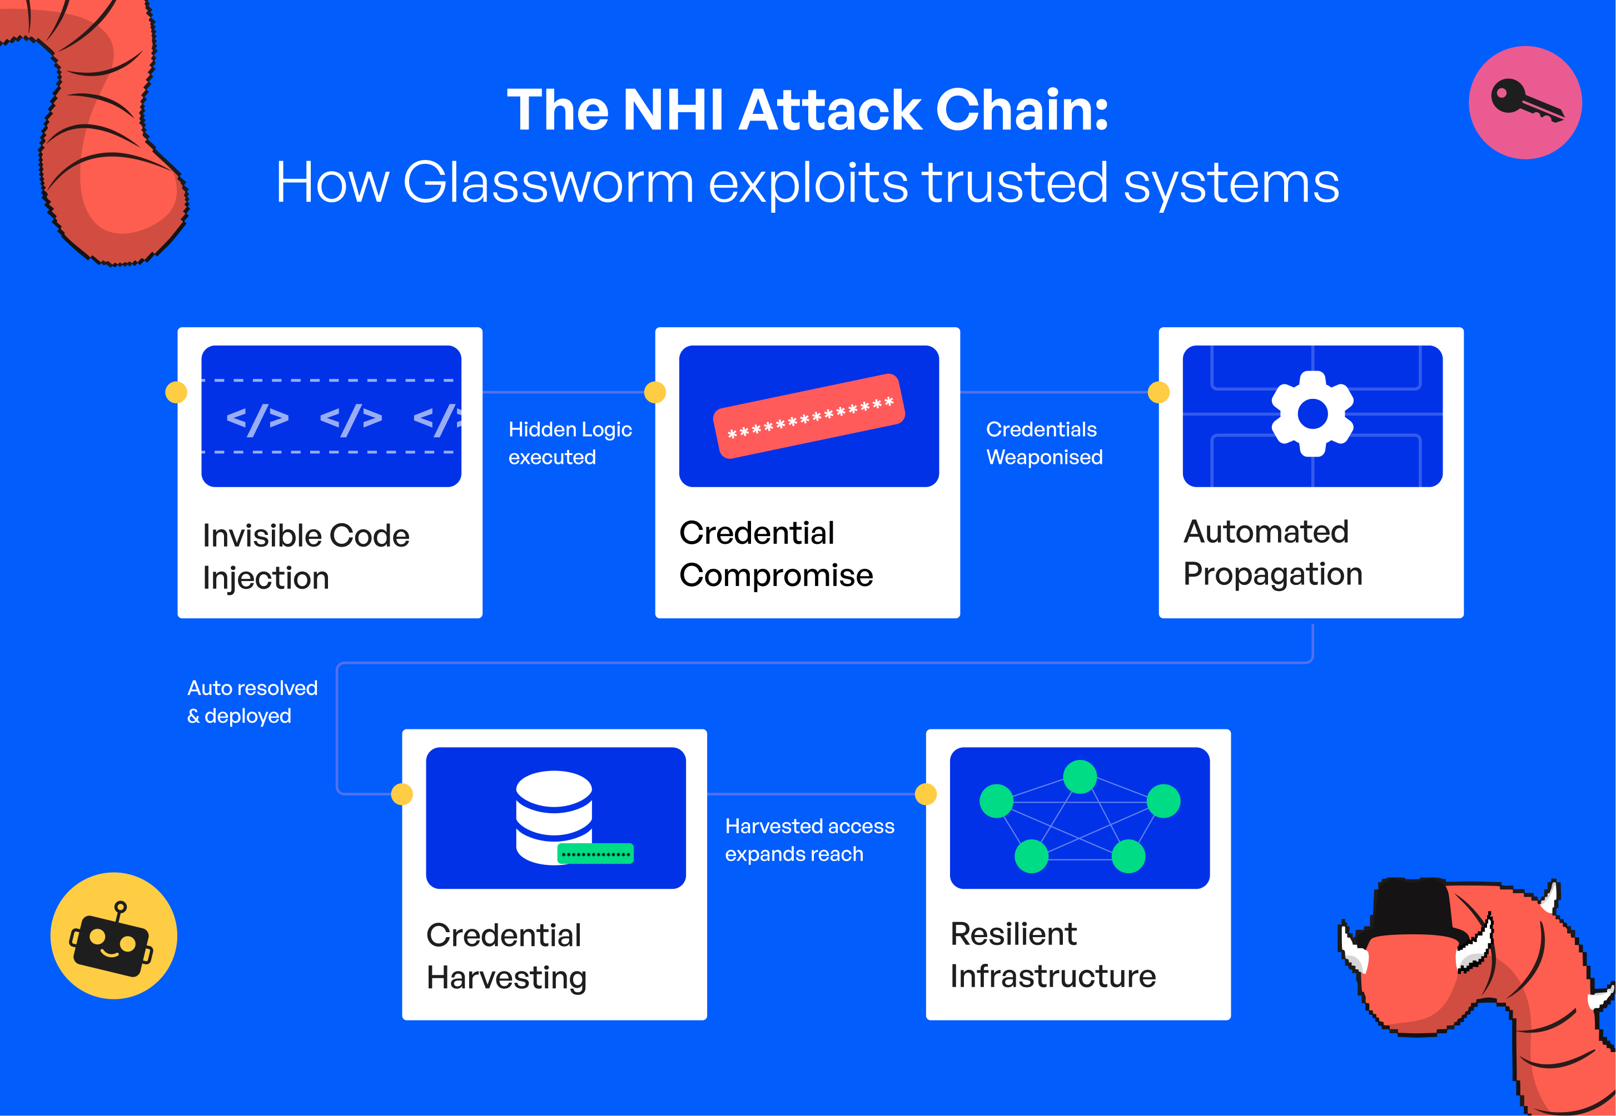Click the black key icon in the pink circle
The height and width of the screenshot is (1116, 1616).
tap(1525, 102)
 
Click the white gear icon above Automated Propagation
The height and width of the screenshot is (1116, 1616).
tap(1312, 414)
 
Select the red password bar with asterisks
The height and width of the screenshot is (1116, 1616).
tap(809, 416)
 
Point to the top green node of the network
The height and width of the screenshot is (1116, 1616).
tap(1080, 777)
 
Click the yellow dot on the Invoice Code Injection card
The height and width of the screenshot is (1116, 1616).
tap(176, 392)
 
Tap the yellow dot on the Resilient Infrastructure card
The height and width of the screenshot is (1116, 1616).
tap(926, 794)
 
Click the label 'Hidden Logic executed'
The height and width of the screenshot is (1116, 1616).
tap(569, 443)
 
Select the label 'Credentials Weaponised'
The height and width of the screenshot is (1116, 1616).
tap(1044, 443)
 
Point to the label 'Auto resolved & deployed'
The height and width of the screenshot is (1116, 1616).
tap(252, 702)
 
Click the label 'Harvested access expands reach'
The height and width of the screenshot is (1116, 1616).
tap(809, 840)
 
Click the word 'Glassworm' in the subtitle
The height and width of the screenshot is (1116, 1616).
tap(548, 183)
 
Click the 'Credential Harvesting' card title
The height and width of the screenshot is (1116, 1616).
tap(506, 956)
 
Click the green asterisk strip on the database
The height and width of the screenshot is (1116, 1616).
tap(595, 854)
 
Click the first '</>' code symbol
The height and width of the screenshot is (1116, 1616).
tap(257, 419)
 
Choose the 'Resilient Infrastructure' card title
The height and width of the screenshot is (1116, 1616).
tap(1052, 954)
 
